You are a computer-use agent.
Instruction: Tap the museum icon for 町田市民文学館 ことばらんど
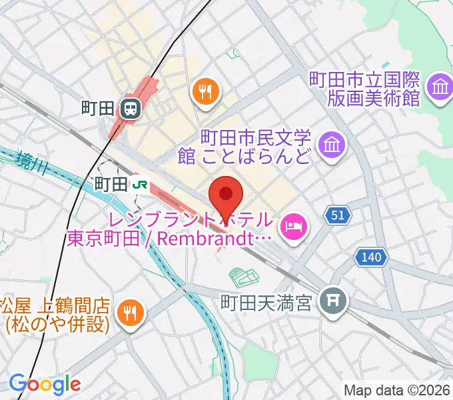pyautogui.click(x=330, y=144)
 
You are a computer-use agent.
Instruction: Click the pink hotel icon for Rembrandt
pyautogui.click(x=292, y=227)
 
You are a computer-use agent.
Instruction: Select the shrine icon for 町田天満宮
pyautogui.click(x=331, y=303)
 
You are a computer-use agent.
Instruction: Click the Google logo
pyautogui.click(x=45, y=383)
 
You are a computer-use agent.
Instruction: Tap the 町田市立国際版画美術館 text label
pyautogui.click(x=364, y=89)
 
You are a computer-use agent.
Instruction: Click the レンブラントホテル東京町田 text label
pyautogui.click(x=170, y=228)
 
